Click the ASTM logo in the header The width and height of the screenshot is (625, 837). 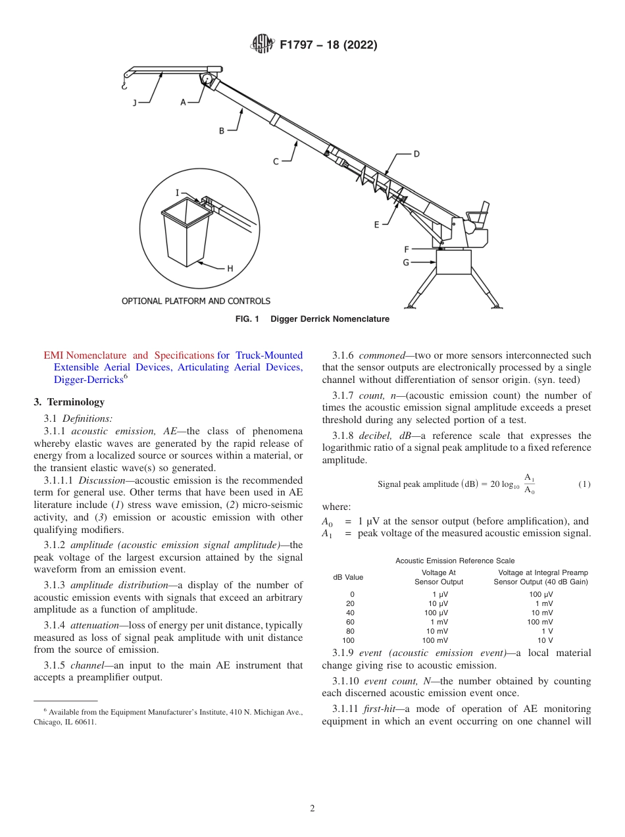[263, 45]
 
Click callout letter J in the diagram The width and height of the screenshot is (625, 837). [134, 102]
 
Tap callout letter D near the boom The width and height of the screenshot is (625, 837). [416, 154]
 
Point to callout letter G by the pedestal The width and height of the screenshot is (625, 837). [406, 262]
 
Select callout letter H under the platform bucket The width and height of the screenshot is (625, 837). [230, 268]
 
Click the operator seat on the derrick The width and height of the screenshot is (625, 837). [478, 214]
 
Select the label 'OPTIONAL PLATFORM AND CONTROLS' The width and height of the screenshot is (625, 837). [196, 301]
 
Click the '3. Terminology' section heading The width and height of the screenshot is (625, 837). [69, 402]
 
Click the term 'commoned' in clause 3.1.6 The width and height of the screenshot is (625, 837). [382, 355]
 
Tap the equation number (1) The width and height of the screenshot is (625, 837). [584, 484]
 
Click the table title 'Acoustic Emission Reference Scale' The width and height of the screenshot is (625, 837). [455, 561]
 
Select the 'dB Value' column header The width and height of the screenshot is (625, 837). [348, 577]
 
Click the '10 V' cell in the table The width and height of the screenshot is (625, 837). [545, 640]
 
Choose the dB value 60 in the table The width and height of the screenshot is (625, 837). [350, 622]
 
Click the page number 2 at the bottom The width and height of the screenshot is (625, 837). [312, 809]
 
